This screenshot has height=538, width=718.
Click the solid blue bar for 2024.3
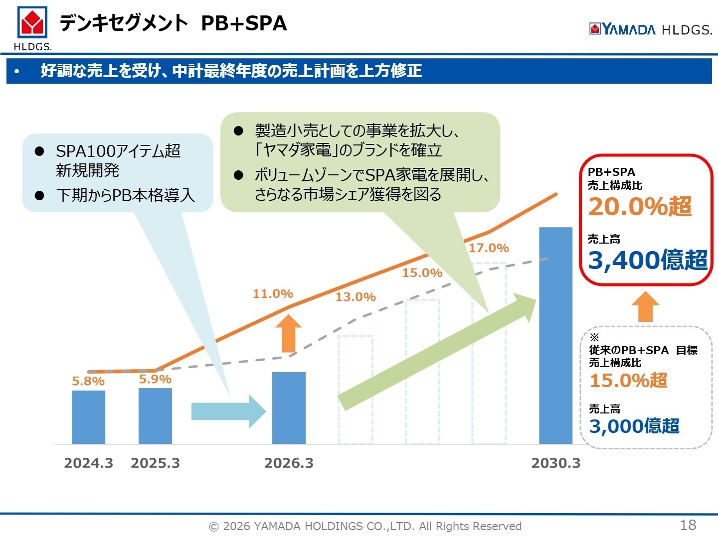pos(88,417)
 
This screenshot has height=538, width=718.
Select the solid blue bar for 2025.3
pos(155,416)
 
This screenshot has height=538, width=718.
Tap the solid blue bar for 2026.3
pos(289,407)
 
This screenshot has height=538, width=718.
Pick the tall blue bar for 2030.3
pos(555,335)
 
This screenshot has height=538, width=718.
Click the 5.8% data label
pos(88,382)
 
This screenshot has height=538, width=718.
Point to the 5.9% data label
pos(155,379)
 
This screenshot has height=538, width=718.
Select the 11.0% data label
pos(273,294)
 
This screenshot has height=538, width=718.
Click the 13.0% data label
pos(356,297)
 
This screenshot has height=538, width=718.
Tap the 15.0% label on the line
pos(422,273)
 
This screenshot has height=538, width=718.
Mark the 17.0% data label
pos(489,248)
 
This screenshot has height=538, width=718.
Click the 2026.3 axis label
pos(289,463)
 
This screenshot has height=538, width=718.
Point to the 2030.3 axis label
pos(555,463)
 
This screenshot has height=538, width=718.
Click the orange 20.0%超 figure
pos(640,207)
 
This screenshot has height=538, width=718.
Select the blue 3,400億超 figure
pos(647,260)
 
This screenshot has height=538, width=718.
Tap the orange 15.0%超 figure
pos(628,381)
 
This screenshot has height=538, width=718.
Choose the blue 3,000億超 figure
pos(634,426)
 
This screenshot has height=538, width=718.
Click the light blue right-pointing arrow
pos(228,411)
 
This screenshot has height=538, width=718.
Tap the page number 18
pos(688,525)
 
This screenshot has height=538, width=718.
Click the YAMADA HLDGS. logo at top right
pos(650,29)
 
